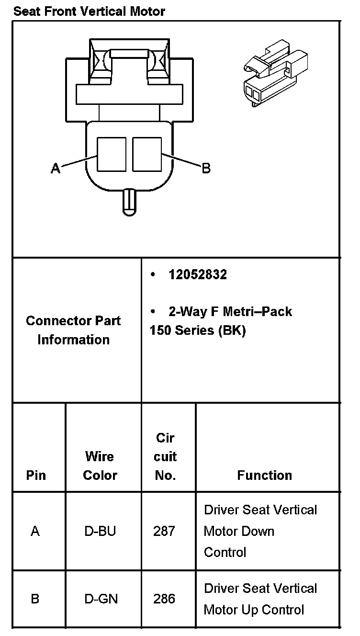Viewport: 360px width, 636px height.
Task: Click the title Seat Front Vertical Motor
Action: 89,11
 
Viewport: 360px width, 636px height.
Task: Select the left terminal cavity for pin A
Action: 112,154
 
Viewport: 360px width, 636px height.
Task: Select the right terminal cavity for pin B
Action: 147,154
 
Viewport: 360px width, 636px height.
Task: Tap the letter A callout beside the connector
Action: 56,168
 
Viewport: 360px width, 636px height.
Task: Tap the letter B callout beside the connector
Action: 206,168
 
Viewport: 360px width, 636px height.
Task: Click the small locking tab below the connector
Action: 129,202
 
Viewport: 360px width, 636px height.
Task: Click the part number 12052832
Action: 198,275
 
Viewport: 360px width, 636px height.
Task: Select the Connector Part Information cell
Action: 74,330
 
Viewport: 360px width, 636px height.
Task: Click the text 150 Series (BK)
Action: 198,331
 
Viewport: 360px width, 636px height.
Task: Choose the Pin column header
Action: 36,475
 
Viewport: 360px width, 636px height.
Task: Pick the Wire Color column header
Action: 100,466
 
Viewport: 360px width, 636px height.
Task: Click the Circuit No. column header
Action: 165,456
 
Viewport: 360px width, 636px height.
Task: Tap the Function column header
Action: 265,475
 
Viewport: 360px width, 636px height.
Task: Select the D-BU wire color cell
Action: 100,531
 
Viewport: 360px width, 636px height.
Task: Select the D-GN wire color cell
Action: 101,599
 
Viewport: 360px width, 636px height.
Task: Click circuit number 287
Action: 164,531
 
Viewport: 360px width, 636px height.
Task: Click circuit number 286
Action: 164,599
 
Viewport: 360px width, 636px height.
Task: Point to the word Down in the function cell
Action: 259,531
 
